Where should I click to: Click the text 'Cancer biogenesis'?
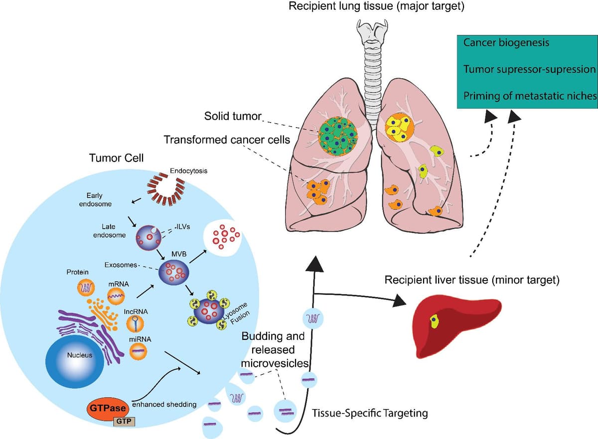506,42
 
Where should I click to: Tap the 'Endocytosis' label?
188,171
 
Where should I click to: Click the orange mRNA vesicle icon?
118,296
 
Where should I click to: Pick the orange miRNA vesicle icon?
139,351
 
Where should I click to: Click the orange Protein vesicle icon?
85,288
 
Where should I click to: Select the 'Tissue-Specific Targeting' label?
369,413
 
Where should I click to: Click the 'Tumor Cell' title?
116,158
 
